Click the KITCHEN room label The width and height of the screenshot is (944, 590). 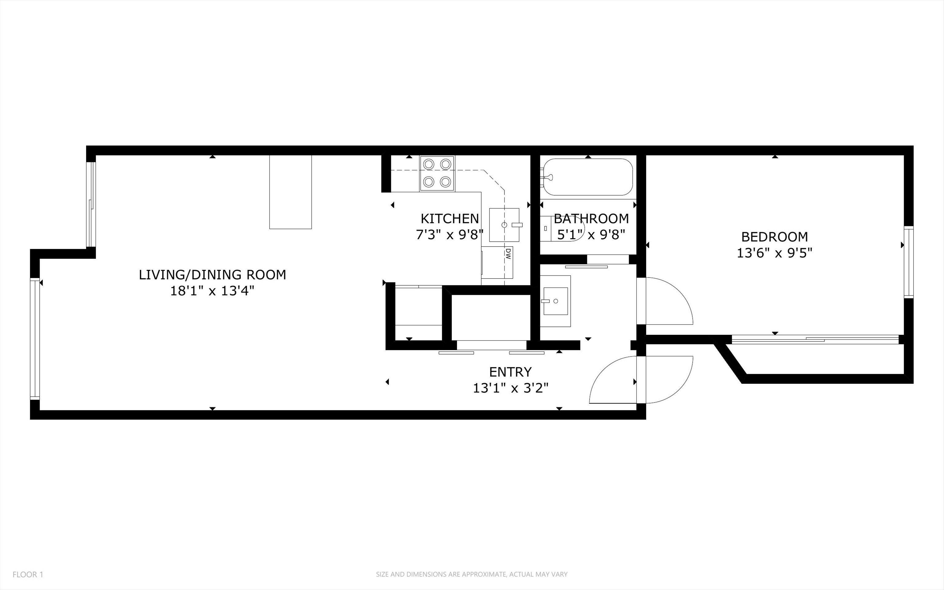click(x=450, y=218)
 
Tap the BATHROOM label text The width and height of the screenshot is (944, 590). click(x=591, y=218)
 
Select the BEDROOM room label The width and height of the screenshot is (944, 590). click(x=774, y=236)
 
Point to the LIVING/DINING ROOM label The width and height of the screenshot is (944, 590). click(x=213, y=275)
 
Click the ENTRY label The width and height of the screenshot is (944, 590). click(x=510, y=372)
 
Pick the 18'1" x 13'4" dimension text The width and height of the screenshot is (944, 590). click(x=213, y=291)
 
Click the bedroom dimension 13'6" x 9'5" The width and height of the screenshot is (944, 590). click(x=774, y=253)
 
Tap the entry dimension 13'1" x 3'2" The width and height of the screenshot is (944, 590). click(x=511, y=388)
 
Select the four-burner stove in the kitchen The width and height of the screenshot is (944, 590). click(x=437, y=173)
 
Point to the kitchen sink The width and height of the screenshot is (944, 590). click(x=505, y=225)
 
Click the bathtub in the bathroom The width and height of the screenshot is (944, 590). click(x=588, y=177)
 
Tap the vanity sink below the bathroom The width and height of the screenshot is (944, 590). click(x=555, y=301)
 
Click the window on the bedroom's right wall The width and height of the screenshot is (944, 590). click(x=909, y=262)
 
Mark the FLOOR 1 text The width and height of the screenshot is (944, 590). click(x=28, y=574)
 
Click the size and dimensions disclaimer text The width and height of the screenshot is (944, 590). click(x=472, y=574)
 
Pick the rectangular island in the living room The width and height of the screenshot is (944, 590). click(x=290, y=192)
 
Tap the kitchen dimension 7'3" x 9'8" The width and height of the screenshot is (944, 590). click(x=450, y=235)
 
